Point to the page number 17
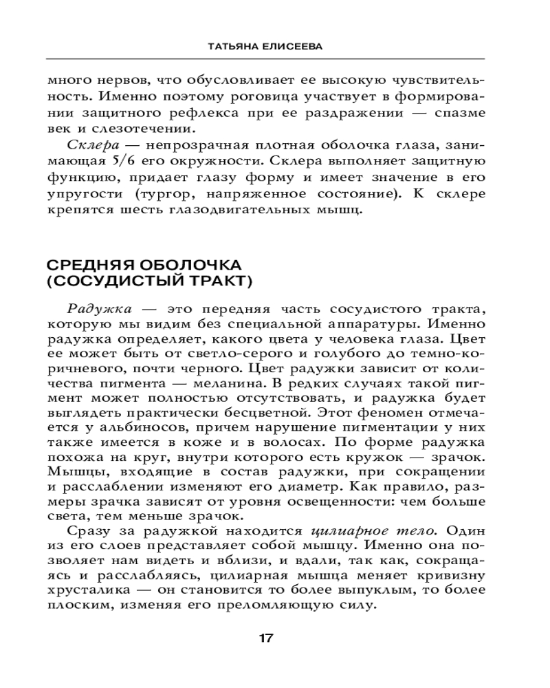pyautogui.click(x=266, y=638)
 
